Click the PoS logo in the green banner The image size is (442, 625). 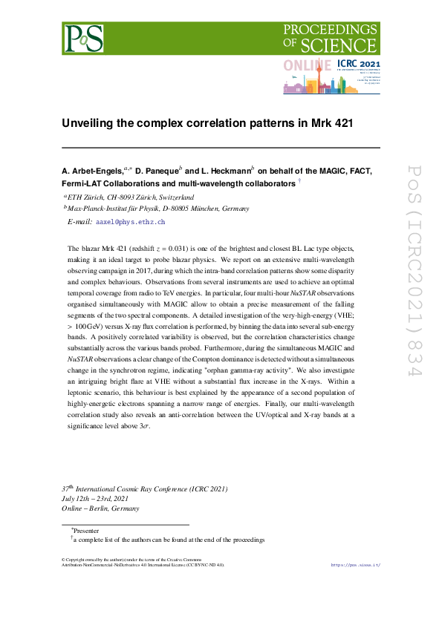pos(84,37)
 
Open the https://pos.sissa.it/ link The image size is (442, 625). pos(354,565)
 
